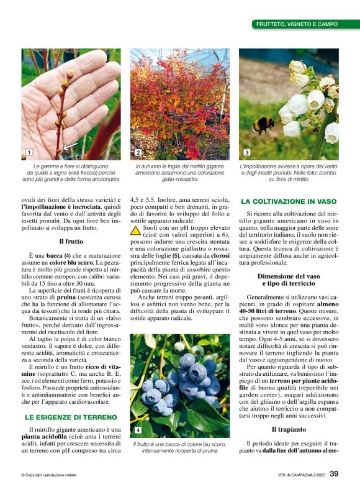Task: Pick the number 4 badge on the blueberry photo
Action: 138,430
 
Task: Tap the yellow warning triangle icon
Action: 135,230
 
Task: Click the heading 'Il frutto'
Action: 71,241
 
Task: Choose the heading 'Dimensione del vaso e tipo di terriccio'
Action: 289,280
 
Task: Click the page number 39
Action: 334,474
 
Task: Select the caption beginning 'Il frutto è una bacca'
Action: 179,447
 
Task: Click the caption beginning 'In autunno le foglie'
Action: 179,173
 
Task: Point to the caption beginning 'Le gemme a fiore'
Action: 71,173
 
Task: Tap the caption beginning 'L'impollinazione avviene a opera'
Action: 289,173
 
